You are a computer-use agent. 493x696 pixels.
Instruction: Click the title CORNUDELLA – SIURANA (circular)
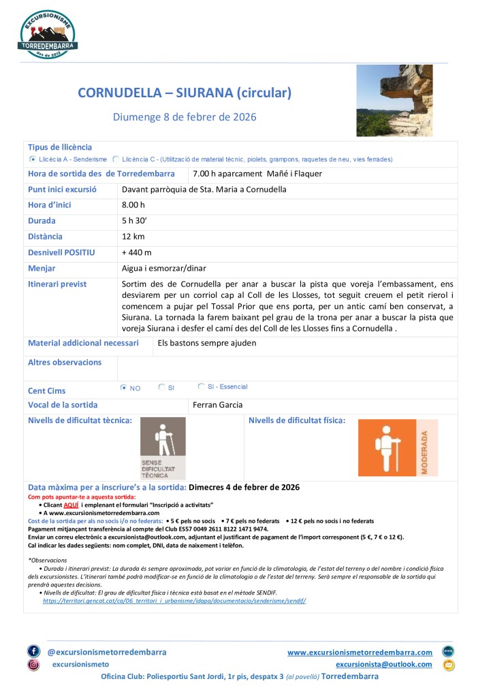(x=185, y=93)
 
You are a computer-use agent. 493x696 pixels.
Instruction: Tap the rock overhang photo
(x=394, y=101)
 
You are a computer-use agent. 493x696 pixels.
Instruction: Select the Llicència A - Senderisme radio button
(x=33, y=159)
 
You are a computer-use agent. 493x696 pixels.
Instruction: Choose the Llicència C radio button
(x=116, y=159)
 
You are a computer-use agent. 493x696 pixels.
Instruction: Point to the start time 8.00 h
(x=133, y=205)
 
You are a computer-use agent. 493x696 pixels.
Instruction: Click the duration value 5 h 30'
(x=137, y=221)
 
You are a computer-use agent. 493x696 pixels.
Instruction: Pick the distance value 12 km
(x=134, y=237)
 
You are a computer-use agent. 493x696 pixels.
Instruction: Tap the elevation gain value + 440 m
(x=136, y=252)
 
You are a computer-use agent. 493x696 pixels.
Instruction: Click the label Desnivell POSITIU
(x=61, y=252)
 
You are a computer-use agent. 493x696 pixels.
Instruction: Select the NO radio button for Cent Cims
(x=123, y=388)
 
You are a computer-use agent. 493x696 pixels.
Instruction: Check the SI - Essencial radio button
(x=202, y=386)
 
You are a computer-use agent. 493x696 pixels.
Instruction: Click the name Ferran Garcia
(x=218, y=405)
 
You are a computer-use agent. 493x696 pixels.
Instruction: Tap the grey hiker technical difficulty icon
(x=162, y=447)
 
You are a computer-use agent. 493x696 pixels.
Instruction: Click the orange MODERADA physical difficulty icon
(x=398, y=447)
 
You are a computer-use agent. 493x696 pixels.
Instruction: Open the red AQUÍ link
(x=71, y=506)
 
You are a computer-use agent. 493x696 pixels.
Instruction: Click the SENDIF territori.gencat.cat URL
(x=174, y=601)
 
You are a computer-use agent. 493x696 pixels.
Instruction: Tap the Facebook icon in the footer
(x=33, y=651)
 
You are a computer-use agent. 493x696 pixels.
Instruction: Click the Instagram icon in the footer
(x=33, y=665)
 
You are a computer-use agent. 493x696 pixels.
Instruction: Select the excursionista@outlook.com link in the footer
(x=384, y=664)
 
